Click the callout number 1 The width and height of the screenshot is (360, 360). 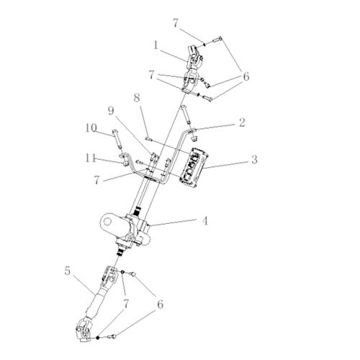(x=156, y=45)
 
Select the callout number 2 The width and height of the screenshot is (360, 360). (x=243, y=122)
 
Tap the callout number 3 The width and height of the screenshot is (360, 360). (x=254, y=159)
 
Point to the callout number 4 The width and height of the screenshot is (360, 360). (x=204, y=221)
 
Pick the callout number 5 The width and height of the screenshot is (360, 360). (x=68, y=271)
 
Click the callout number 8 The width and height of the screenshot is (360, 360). (x=137, y=98)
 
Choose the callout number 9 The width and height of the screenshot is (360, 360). (x=111, y=111)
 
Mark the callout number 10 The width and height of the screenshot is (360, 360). (x=91, y=128)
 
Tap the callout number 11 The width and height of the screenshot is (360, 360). (x=90, y=158)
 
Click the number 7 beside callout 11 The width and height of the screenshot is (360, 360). (x=96, y=180)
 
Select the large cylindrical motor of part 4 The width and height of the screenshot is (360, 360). (x=113, y=225)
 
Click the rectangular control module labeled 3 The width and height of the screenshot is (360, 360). (x=193, y=168)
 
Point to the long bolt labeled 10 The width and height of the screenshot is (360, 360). (x=117, y=138)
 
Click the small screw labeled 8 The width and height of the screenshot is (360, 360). (x=148, y=138)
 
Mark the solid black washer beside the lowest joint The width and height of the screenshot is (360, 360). (x=97, y=338)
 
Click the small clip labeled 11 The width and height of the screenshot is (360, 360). (x=125, y=160)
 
